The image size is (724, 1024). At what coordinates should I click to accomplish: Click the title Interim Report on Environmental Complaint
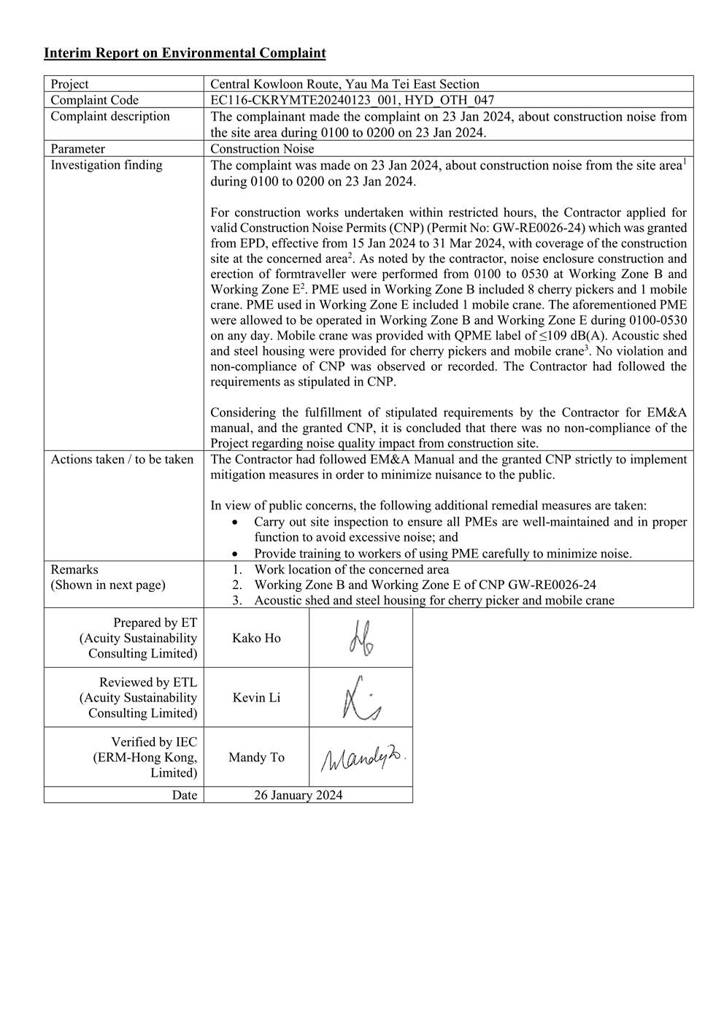click(185, 53)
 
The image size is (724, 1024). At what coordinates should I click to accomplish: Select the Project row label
click(70, 84)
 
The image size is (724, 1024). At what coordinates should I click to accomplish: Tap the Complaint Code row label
click(95, 100)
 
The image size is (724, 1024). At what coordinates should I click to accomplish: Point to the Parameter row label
click(78, 149)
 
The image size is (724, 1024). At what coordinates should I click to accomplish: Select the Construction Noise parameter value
click(262, 149)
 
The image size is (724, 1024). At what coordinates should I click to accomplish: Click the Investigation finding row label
click(107, 165)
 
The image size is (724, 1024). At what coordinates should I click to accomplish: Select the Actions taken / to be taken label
click(122, 459)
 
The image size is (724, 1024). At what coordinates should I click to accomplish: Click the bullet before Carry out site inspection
click(234, 523)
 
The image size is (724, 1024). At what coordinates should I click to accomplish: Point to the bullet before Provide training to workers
click(234, 554)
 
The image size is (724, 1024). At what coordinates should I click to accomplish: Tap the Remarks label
click(74, 569)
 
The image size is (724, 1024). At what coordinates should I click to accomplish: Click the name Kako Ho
click(256, 638)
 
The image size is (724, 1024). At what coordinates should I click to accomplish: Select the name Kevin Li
click(256, 698)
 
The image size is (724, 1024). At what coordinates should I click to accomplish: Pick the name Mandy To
click(256, 758)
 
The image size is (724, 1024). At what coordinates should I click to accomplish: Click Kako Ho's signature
click(361, 638)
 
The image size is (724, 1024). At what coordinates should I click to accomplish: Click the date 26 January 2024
click(298, 796)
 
